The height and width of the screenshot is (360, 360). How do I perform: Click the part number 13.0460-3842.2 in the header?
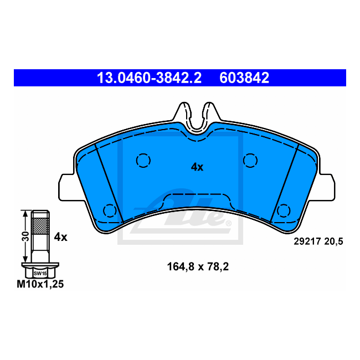(149, 78)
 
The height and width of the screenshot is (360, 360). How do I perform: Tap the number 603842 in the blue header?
(244, 78)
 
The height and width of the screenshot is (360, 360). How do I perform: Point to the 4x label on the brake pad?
(197, 167)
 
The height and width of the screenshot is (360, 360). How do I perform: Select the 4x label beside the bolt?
(60, 237)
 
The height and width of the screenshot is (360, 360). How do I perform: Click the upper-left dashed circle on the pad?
(143, 161)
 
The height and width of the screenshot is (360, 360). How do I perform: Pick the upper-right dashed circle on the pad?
(250, 160)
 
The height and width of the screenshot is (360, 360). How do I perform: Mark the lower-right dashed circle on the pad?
(284, 210)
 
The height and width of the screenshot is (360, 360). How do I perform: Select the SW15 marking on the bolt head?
(39, 273)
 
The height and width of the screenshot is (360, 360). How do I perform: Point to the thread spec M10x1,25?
(40, 284)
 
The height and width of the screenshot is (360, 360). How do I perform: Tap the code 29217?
(305, 241)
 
